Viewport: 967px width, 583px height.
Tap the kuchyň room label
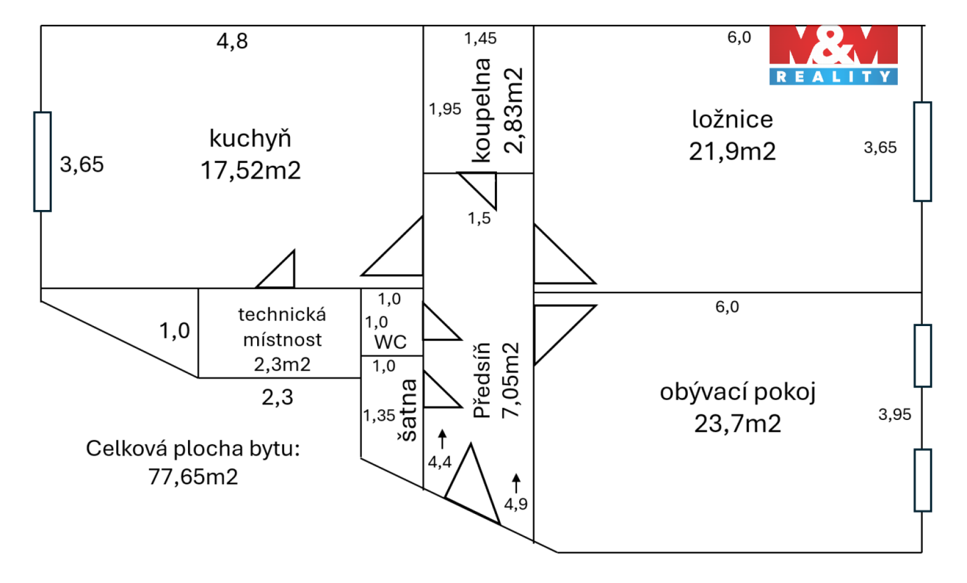point(250,139)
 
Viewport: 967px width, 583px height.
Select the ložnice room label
point(732,119)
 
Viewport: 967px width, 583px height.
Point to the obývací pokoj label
point(737,392)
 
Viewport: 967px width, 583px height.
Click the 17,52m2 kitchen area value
point(250,171)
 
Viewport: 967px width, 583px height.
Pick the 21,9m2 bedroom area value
point(732,152)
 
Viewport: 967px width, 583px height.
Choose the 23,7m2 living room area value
point(737,424)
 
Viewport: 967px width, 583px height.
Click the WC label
point(390,342)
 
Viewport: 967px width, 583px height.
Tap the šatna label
point(408,410)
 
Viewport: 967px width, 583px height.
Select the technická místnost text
point(282,327)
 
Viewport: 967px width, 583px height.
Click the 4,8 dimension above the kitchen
point(232,41)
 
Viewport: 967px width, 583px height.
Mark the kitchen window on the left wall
point(43,161)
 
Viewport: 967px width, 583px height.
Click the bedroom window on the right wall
point(922,152)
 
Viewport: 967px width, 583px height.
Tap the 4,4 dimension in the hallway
point(439,462)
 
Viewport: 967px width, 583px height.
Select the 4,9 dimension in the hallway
point(515,504)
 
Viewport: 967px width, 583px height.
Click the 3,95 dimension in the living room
point(895,415)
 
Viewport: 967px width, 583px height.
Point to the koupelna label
point(482,110)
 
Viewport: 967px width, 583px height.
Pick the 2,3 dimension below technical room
point(277,398)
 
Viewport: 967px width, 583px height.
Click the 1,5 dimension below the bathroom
point(479,219)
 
